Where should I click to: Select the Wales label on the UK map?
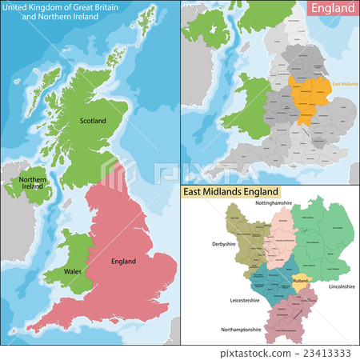pos(74,272)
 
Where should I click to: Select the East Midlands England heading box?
pos(231,192)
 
